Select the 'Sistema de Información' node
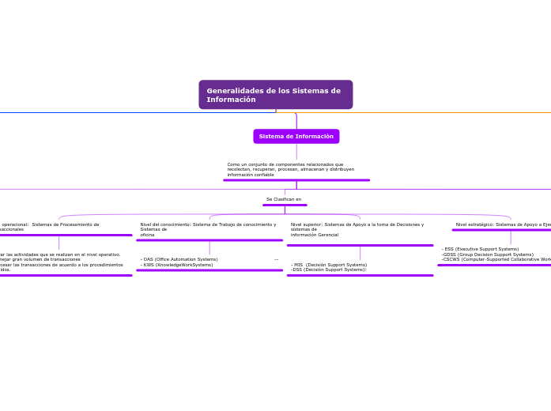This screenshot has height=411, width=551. [296, 137]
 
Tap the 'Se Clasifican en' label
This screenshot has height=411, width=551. [284, 199]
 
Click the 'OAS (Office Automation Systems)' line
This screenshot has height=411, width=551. [179, 259]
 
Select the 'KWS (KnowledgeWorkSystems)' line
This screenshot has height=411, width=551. [177, 265]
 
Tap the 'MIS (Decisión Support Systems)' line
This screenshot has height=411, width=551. [329, 265]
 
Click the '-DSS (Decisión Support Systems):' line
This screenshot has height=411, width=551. [329, 270]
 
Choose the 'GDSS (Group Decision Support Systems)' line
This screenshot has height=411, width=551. [488, 255]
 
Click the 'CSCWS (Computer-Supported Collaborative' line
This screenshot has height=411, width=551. [496, 259]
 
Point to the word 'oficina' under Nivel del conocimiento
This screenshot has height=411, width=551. [147, 235]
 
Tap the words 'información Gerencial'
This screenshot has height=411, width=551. [314, 235]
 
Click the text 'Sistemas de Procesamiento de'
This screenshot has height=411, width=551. [66, 224]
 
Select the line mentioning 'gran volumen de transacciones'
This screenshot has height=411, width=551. [43, 259]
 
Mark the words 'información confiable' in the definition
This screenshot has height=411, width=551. [250, 175]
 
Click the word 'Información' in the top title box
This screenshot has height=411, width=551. [231, 100]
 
